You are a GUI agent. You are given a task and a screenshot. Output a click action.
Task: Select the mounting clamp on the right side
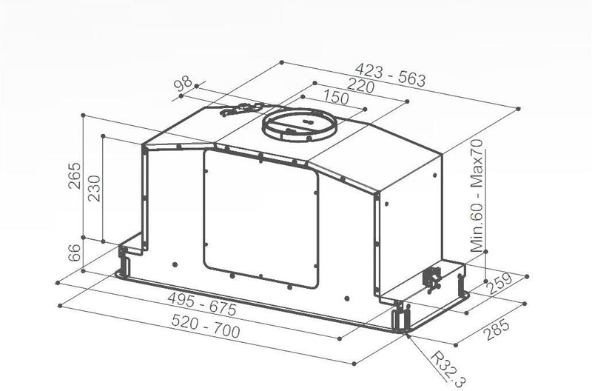(x=431, y=279)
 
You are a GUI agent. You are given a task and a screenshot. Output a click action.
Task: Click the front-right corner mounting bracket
(x=400, y=317)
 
